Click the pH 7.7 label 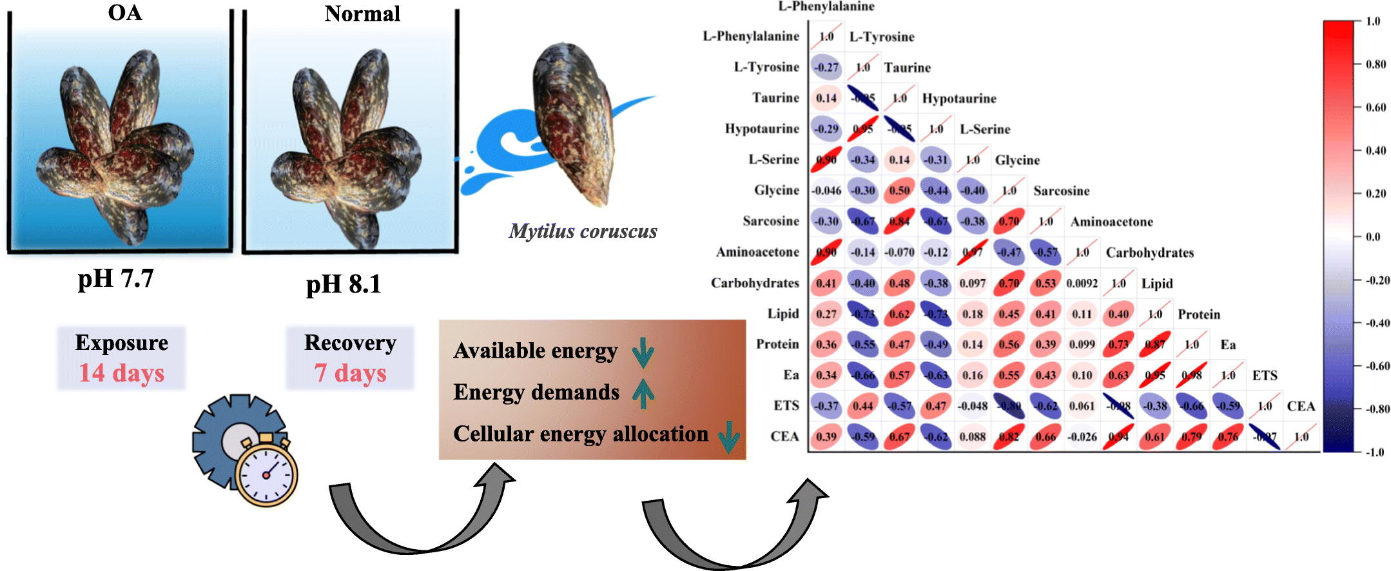click(x=116, y=279)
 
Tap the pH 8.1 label click(x=344, y=284)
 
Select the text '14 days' click(x=121, y=373)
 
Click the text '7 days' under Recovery click(x=350, y=373)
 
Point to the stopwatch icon click(x=266, y=473)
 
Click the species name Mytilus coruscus click(x=583, y=231)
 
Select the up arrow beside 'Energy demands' click(x=643, y=393)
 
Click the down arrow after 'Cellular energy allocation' click(x=728, y=437)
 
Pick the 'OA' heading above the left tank click(x=124, y=12)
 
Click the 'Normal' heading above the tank click(x=362, y=14)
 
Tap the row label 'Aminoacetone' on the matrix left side click(x=757, y=252)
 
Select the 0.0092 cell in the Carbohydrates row click(x=1082, y=283)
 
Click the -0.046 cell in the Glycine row click(x=826, y=191)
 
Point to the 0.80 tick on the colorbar click(x=1375, y=64)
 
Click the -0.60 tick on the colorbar click(x=1376, y=366)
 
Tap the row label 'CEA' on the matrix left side click(x=784, y=436)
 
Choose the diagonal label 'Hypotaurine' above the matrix click(x=959, y=99)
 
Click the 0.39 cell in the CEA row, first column click(x=826, y=436)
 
